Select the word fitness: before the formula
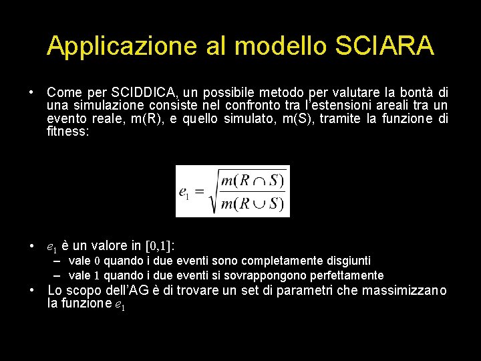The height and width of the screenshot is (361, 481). pyautogui.click(x=67, y=132)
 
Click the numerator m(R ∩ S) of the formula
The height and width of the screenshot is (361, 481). pyautogui.click(x=253, y=179)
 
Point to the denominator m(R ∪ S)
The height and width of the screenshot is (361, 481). pyautogui.click(x=253, y=203)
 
